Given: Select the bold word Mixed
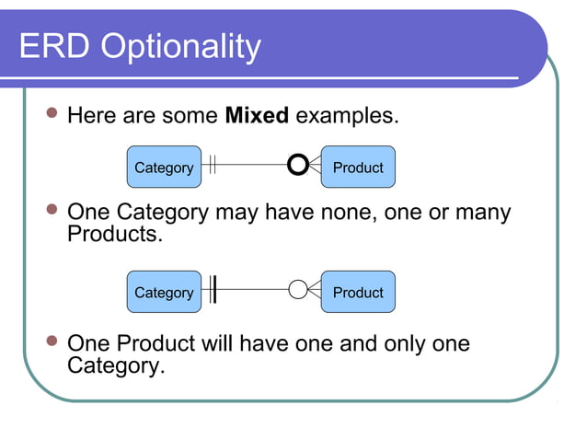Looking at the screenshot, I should click(257, 116).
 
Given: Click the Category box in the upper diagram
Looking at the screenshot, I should click(164, 168).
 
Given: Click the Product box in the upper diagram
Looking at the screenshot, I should click(358, 168).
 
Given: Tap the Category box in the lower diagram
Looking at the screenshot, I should click(164, 292).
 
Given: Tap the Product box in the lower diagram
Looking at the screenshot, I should click(358, 292).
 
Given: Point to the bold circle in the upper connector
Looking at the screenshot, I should click(297, 166).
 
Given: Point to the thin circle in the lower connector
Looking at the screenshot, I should click(298, 290).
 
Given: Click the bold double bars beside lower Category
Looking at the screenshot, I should click(213, 290).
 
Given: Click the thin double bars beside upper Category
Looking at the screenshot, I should click(212, 166).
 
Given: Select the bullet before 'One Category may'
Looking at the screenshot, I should click(52, 211).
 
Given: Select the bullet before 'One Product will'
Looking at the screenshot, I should click(52, 342).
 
